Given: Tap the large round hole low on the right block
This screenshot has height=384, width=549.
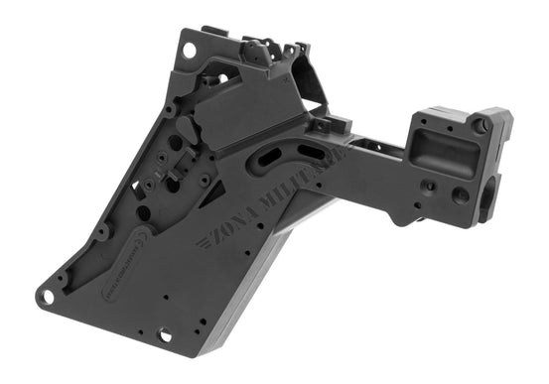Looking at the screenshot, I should click(460, 195).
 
